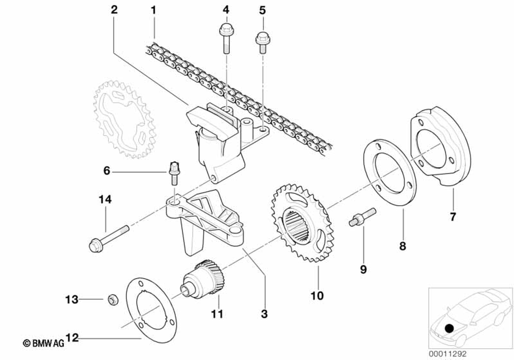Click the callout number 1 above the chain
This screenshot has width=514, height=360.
point(153,9)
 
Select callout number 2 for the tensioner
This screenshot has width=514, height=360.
point(114,9)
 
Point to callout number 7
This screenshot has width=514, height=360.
point(453,217)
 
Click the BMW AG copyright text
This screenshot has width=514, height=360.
point(43,343)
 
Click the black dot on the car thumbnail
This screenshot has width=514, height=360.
point(450,328)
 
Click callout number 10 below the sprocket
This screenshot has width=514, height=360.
point(317,296)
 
